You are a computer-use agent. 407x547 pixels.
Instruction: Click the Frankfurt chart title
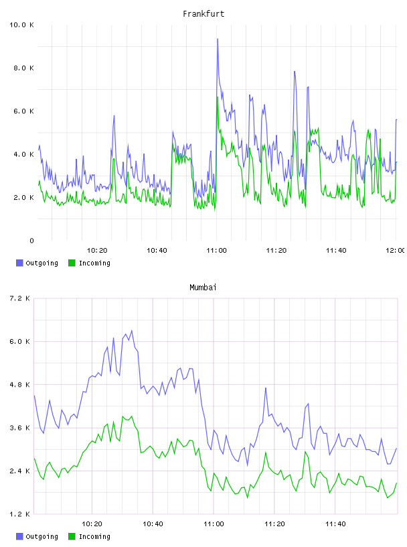pyautogui.click(x=203, y=14)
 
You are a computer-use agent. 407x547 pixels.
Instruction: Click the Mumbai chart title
pyautogui.click(x=203, y=288)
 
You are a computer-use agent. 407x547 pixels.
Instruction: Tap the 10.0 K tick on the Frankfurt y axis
pyautogui.click(x=21, y=25)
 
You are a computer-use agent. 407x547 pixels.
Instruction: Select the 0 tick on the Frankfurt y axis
pyautogui.click(x=31, y=241)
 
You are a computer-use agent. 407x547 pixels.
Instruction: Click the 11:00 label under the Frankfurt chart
pyautogui.click(x=216, y=251)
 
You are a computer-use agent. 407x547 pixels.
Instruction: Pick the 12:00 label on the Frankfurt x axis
pyautogui.click(x=396, y=251)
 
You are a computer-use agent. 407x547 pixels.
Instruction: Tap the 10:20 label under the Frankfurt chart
pyautogui.click(x=97, y=251)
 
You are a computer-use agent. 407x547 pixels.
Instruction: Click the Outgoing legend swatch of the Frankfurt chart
pyautogui.click(x=19, y=263)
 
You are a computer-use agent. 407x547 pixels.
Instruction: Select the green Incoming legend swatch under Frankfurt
pyautogui.click(x=72, y=263)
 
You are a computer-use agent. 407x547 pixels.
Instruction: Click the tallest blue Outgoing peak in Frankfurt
pyautogui.click(x=218, y=40)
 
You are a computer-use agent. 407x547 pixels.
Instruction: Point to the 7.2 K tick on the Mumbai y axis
pyautogui.click(x=19, y=298)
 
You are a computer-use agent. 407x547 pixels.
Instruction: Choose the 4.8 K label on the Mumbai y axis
pyautogui.click(x=19, y=385)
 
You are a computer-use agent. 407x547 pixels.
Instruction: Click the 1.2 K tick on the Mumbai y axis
pyautogui.click(x=19, y=514)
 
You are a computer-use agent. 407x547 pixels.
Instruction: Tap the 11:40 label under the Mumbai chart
pyautogui.click(x=335, y=524)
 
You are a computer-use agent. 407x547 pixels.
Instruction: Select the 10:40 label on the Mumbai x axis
pyautogui.click(x=153, y=524)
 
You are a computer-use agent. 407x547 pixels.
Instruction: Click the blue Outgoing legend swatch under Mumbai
pyautogui.click(x=19, y=536)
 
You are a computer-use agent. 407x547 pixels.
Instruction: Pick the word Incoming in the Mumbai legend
pyautogui.click(x=94, y=536)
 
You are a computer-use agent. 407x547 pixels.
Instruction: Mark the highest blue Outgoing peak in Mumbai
pyautogui.click(x=131, y=330)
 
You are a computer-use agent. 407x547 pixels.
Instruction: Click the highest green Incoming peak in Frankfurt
pyautogui.click(x=218, y=97)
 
